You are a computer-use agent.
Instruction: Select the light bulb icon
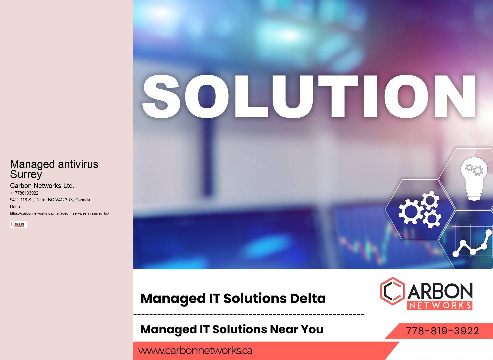pyautogui.click(x=474, y=179)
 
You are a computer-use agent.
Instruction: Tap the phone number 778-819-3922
pyautogui.click(x=442, y=331)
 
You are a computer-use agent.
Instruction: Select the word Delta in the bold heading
pyautogui.click(x=308, y=298)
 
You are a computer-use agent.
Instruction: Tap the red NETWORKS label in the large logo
pyautogui.click(x=440, y=305)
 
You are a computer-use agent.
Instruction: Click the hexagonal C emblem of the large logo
pyautogui.click(x=393, y=291)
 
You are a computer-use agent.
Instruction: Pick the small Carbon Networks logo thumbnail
pyautogui.click(x=18, y=225)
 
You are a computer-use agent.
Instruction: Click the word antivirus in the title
pyautogui.click(x=78, y=164)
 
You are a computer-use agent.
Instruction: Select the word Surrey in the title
pyautogui.click(x=26, y=174)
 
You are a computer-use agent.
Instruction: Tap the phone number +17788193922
pyautogui.click(x=24, y=193)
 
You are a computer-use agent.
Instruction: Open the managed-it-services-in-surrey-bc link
pyautogui.click(x=59, y=213)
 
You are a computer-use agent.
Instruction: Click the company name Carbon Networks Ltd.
pyautogui.click(x=42, y=186)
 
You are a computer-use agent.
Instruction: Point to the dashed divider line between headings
pyautogui.click(x=249, y=314)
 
